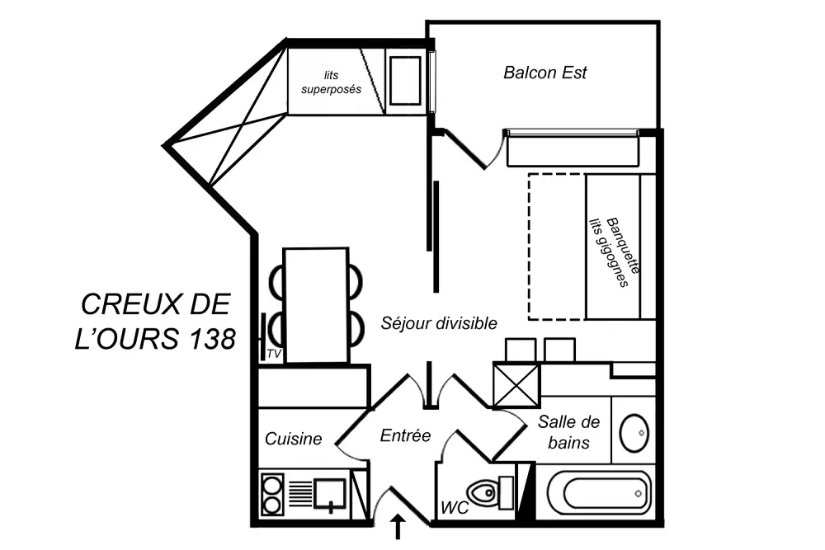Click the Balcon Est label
[544, 73]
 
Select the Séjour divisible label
[439, 323]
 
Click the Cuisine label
[293, 440]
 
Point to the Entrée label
[405, 435]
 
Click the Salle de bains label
[568, 432]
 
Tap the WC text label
[455, 507]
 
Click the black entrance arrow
[398, 527]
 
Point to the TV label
[275, 354]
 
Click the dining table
[315, 304]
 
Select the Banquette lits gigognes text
[615, 251]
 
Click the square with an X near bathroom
[516, 385]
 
